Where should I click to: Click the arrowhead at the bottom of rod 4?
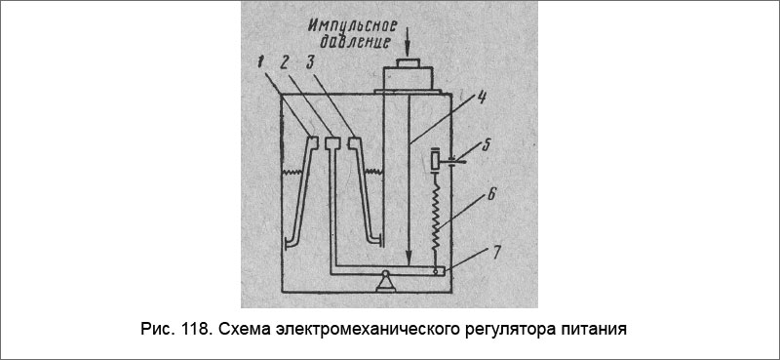coord(402,255)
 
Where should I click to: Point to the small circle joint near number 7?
coord(437,271)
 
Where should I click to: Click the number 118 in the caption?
coord(192,330)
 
